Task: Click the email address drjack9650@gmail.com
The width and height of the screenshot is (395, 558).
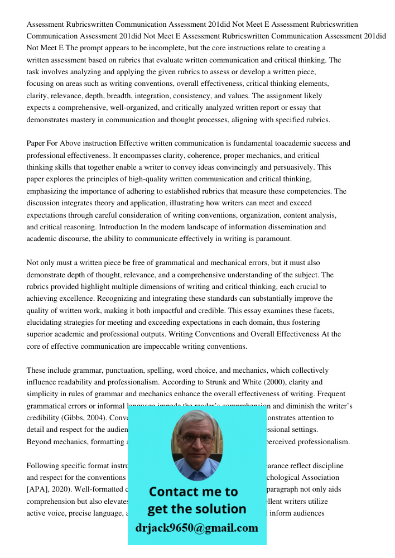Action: [x=197, y=528]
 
